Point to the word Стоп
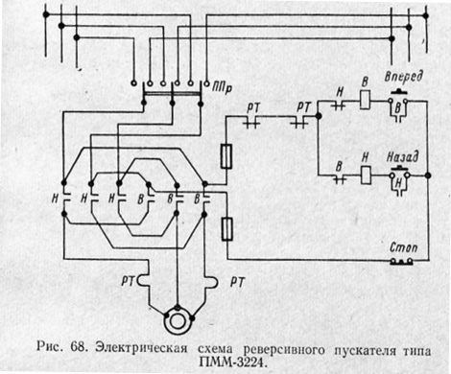397,245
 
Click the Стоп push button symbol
399,259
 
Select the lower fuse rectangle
225,228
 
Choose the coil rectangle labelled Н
366,175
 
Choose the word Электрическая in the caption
139,342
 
